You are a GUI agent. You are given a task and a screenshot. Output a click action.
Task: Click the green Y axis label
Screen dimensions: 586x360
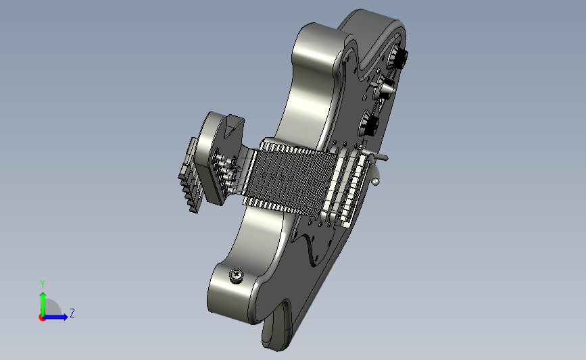[x=43, y=284]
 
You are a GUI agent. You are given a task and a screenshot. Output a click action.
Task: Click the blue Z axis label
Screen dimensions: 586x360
[x=72, y=313]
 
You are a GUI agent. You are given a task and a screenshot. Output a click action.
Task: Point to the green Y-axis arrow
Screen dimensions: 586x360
[x=43, y=304]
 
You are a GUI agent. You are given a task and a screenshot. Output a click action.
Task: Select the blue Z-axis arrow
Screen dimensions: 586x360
[x=55, y=317]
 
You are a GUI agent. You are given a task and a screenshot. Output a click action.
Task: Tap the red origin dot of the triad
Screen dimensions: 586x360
[x=42, y=317]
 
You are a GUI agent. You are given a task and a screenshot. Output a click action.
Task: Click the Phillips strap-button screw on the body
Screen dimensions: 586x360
[x=237, y=275]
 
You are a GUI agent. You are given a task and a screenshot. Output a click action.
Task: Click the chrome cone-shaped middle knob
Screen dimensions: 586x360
[x=385, y=88]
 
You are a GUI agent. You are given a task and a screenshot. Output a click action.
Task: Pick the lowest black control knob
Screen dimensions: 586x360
[x=370, y=124]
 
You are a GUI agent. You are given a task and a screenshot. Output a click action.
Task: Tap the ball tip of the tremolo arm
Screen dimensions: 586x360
[x=376, y=182]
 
